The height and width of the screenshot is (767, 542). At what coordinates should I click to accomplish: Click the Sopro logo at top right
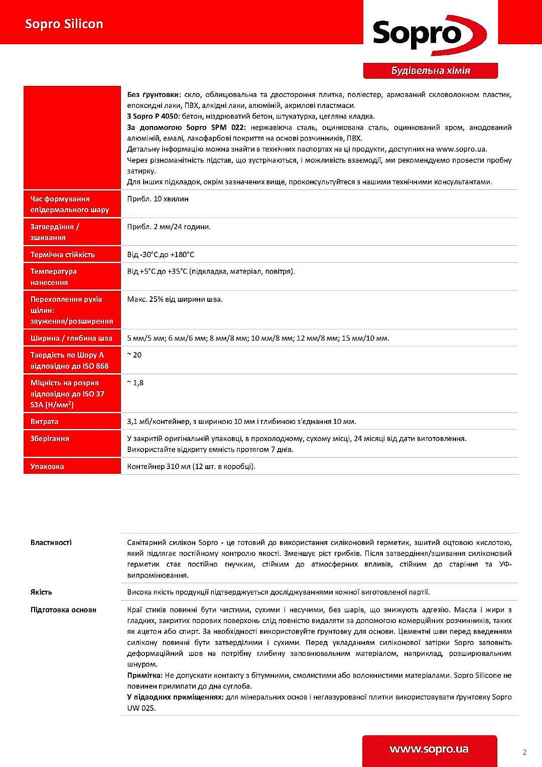(430, 34)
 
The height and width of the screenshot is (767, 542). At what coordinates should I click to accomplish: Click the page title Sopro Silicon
(64, 24)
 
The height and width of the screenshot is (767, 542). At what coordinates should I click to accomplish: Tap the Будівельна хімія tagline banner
(431, 71)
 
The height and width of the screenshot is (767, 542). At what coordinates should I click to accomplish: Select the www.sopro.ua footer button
(429, 749)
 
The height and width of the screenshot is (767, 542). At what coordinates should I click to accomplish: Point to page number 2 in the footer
(524, 752)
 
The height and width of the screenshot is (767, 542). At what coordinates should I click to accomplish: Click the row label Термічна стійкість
(63, 255)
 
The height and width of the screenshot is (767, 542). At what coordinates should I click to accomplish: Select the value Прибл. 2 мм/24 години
(169, 227)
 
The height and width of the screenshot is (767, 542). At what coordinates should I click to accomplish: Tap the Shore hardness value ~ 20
(134, 355)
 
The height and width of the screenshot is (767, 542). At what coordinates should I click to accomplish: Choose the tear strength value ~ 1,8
(135, 383)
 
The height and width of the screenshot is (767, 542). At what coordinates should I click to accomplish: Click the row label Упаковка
(47, 467)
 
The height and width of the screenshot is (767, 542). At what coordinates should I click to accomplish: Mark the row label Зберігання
(50, 439)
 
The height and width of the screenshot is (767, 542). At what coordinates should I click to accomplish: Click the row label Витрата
(44, 422)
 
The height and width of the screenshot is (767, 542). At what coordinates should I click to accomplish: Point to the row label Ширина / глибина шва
(71, 339)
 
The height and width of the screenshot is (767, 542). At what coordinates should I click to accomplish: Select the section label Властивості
(51, 542)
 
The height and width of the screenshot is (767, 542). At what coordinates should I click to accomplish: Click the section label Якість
(41, 592)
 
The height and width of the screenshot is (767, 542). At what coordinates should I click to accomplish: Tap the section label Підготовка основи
(63, 610)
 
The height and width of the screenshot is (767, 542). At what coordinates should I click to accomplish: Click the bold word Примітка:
(145, 676)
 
